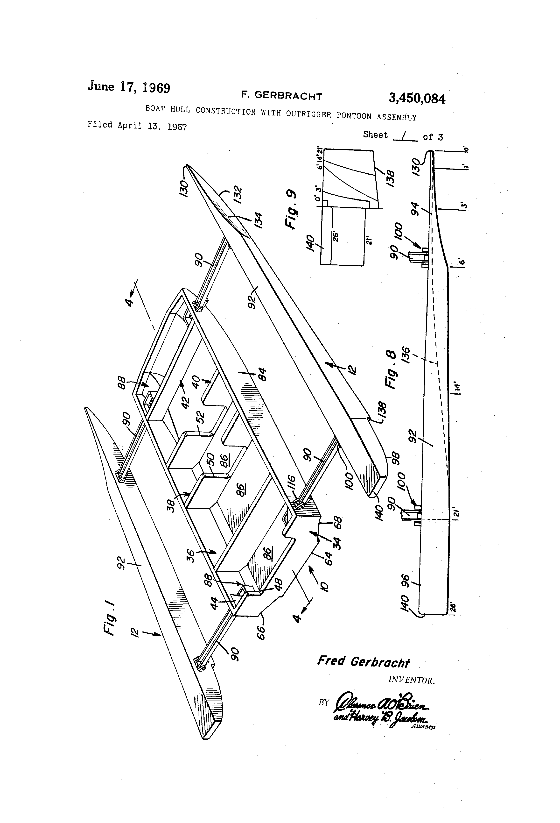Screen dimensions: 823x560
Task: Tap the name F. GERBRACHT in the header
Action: coord(281,96)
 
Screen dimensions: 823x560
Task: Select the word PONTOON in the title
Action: coord(354,116)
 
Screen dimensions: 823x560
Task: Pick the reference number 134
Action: coord(258,220)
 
